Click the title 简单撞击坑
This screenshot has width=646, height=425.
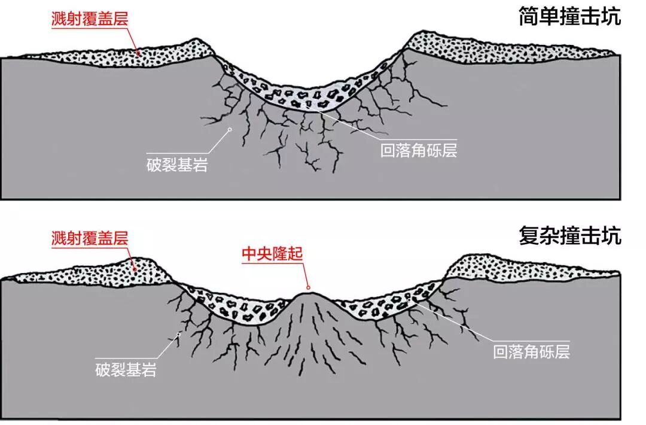pos(570,16)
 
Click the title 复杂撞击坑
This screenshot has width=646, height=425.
pos(570,236)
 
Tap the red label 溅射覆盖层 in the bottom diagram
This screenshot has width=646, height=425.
pos(89,239)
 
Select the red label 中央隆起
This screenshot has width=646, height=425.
pos(272,254)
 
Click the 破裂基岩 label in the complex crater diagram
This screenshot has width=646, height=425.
pos(126,369)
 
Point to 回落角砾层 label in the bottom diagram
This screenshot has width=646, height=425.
pos(532,351)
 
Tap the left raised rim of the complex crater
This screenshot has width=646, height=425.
pos(144,263)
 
